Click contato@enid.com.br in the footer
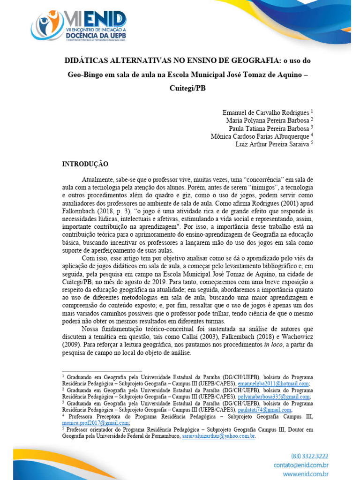click(x=300, y=465)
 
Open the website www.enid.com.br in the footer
click(x=303, y=474)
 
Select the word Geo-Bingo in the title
click(x=86, y=74)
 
